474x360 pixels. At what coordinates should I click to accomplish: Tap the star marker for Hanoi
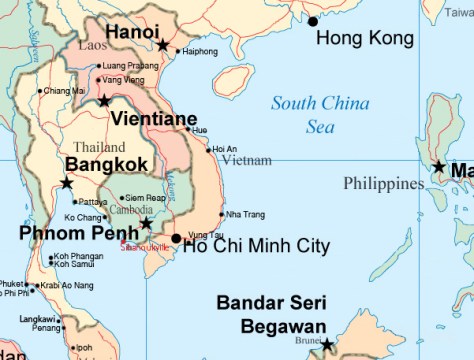163,45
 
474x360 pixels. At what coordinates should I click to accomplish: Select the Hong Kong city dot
313,21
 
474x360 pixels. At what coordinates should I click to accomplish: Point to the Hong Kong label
364,39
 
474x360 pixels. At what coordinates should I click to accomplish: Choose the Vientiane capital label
153,119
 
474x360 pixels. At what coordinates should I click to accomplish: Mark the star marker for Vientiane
104,100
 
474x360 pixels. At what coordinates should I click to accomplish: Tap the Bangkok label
107,164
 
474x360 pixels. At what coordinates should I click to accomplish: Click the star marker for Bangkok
66,183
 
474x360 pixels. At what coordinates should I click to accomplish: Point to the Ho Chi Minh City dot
176,238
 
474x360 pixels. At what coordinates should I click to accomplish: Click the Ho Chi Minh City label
256,246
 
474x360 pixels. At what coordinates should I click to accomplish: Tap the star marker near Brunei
326,345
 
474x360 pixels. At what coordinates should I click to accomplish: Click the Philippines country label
384,184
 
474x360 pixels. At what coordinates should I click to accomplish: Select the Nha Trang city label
245,214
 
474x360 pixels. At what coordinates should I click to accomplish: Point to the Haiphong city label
200,51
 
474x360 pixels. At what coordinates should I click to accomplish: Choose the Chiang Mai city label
63,91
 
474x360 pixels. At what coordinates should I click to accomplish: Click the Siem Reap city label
143,198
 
